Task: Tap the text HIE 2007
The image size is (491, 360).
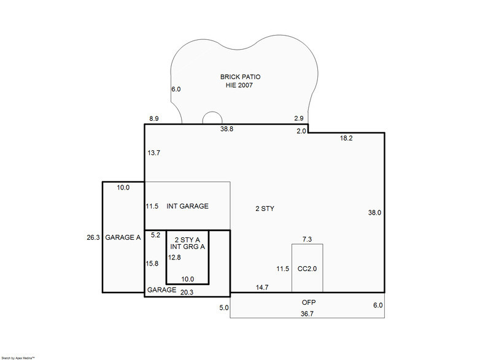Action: [x=239, y=86]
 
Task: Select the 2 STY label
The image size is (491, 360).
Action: [x=265, y=209]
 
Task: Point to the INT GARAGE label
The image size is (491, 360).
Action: [x=187, y=206]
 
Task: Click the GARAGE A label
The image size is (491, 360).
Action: [x=123, y=237]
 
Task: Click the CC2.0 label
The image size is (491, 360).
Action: [x=307, y=269]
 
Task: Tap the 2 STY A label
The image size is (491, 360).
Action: [x=187, y=239]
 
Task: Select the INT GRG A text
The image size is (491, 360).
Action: [x=187, y=247]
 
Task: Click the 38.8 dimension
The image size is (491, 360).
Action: [x=226, y=129]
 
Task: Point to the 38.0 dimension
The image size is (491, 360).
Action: [x=374, y=213]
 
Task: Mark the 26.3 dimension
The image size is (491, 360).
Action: [x=93, y=237]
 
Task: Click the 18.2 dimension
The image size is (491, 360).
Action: [x=346, y=139]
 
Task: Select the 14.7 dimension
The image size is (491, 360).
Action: [x=263, y=288]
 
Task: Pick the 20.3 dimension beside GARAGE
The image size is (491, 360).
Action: [x=188, y=293]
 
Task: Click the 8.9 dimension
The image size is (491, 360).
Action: [x=155, y=118]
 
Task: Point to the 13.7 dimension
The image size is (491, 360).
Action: [x=153, y=153]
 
